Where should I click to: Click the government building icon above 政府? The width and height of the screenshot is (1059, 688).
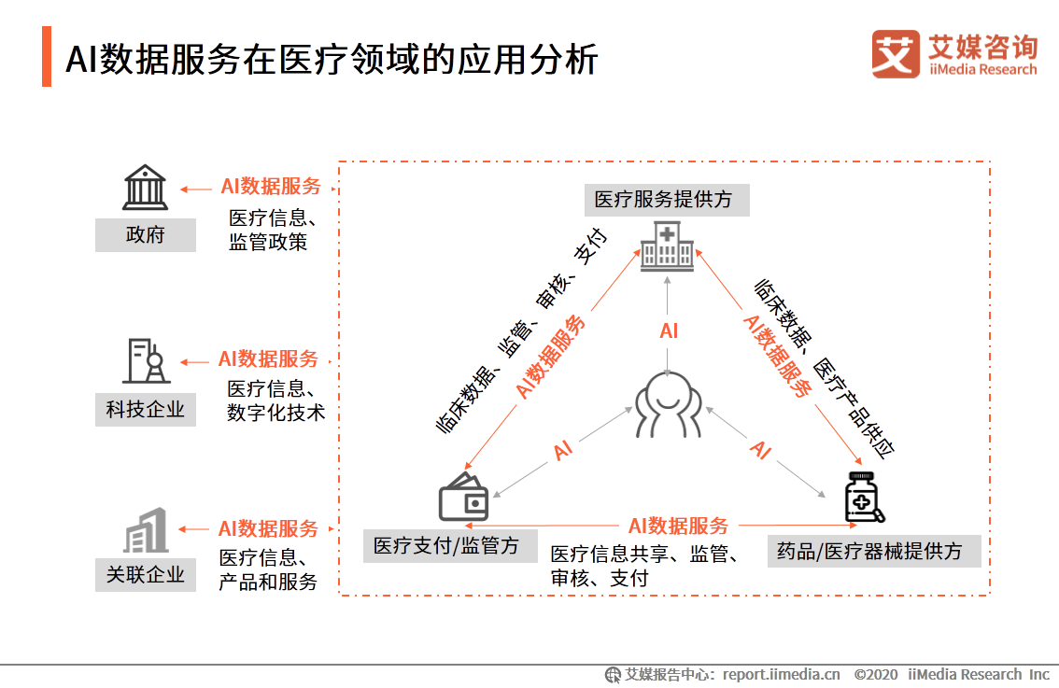pos(145,188)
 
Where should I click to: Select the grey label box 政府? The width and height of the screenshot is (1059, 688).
pos(145,235)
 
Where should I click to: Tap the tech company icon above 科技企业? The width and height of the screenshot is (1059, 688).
pos(146,361)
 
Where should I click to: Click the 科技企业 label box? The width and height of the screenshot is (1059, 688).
pos(145,409)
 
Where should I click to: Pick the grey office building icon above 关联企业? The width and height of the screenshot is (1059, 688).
pos(146,530)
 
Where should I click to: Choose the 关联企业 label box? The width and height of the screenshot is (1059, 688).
pos(145,574)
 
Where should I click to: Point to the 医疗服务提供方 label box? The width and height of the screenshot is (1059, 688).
pos(666,200)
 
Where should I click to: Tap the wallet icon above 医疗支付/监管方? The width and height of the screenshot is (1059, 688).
pos(464,498)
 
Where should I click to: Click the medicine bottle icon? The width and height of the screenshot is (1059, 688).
pos(864,498)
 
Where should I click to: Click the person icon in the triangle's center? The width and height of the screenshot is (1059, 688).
pos(668,404)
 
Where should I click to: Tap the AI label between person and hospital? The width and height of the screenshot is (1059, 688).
pos(669,330)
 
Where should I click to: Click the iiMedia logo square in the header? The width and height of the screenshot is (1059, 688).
pos(896,54)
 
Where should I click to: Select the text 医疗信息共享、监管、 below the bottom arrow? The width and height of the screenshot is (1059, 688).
pos(645,555)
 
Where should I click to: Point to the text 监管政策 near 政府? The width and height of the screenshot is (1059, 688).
pos(268,243)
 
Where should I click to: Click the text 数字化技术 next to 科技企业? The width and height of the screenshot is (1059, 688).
pos(275,413)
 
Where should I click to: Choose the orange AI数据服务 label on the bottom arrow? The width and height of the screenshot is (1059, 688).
pos(678,527)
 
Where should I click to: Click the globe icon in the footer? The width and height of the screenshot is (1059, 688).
pos(614,674)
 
